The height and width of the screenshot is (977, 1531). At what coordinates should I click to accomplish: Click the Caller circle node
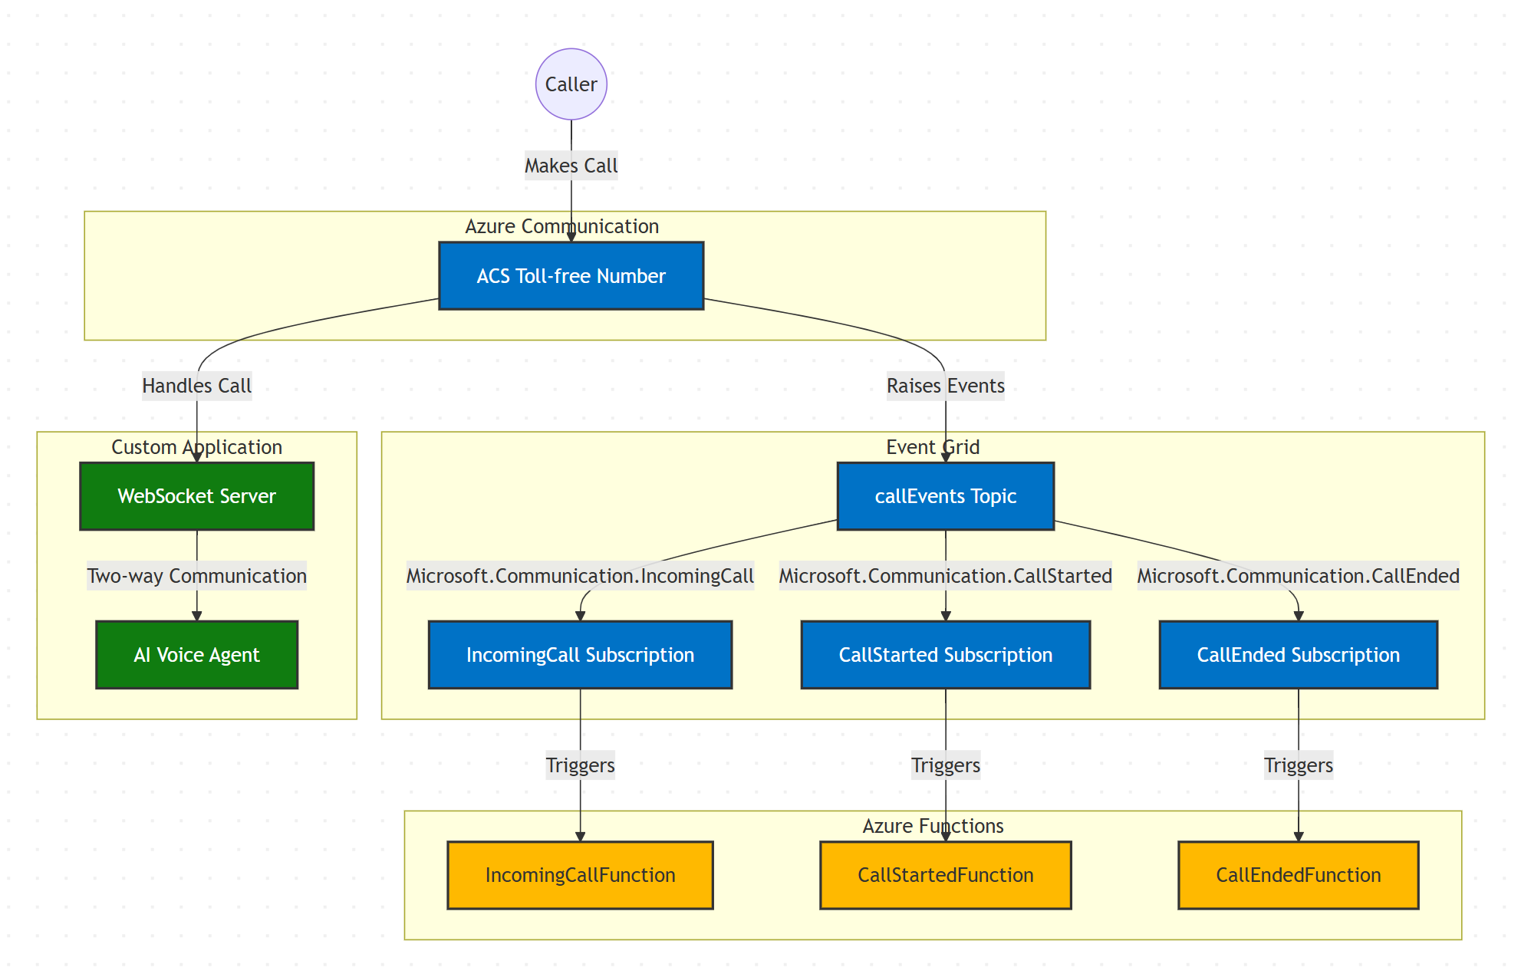pos(571,84)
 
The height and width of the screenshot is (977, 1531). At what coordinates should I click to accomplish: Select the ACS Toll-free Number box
pos(571,276)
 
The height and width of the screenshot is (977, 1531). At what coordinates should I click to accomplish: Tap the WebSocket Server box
pos(196,496)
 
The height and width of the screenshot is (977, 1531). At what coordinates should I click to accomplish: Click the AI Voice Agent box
pos(196,655)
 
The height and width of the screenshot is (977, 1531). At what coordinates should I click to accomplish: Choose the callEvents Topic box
pos(945,496)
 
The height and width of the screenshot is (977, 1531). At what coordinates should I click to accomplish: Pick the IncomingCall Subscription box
pos(580,655)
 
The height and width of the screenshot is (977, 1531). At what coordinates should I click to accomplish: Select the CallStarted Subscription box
pos(945,655)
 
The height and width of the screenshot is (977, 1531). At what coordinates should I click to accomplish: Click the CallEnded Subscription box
pos(1298,655)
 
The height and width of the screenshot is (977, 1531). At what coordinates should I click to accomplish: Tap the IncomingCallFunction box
pos(580,875)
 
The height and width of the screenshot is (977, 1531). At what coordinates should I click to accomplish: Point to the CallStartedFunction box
pos(945,875)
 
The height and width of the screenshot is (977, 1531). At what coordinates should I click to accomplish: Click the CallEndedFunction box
pos(1298,875)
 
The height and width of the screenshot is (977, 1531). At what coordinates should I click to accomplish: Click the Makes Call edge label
pos(571,166)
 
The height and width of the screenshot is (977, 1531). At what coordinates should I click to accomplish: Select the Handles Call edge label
pos(196,386)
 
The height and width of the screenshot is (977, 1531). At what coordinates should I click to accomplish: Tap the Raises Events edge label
pos(945,386)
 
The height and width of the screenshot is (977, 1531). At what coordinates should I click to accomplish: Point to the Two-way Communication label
pos(196,576)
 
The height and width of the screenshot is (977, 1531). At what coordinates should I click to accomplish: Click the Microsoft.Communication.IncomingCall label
pos(580,576)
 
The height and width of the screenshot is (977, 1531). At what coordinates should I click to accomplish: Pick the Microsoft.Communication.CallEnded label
pos(1298,576)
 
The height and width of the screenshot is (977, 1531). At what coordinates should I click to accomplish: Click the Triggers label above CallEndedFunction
pos(1298,765)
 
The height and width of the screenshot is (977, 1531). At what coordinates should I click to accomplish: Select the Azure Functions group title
pos(933,826)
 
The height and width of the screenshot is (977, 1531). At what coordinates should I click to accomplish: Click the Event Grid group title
pos(933,447)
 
